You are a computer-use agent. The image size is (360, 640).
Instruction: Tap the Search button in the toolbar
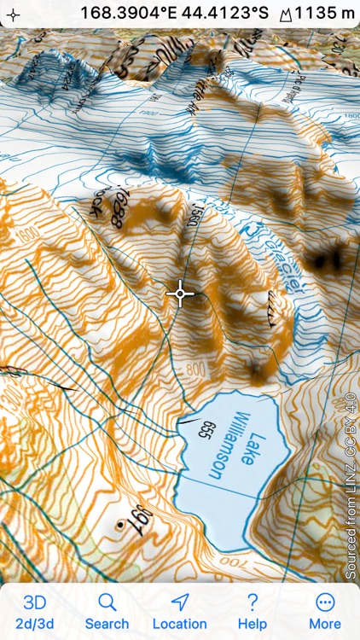(x=107, y=611)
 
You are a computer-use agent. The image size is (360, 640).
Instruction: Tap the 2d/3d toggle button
(x=35, y=611)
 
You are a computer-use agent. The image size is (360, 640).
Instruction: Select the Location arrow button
(x=179, y=611)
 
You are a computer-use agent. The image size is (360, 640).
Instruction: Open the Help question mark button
(x=252, y=611)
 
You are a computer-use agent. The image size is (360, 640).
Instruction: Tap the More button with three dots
(x=324, y=611)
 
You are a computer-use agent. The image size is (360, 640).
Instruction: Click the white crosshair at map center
(x=180, y=294)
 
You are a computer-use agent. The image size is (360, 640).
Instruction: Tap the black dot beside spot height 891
(x=119, y=527)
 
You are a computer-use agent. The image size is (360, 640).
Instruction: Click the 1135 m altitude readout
(x=325, y=13)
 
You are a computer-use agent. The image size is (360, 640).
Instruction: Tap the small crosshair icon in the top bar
(x=12, y=14)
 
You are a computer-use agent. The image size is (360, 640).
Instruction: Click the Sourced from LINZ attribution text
(x=350, y=486)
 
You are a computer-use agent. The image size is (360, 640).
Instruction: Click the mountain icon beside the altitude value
(x=285, y=14)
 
